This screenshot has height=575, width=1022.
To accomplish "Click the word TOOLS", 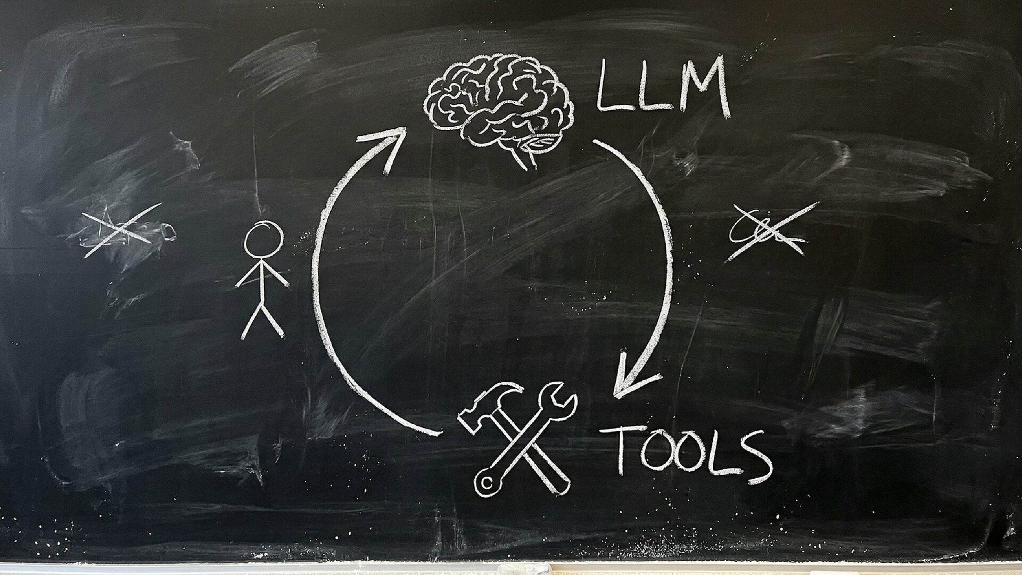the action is click(692, 453).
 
